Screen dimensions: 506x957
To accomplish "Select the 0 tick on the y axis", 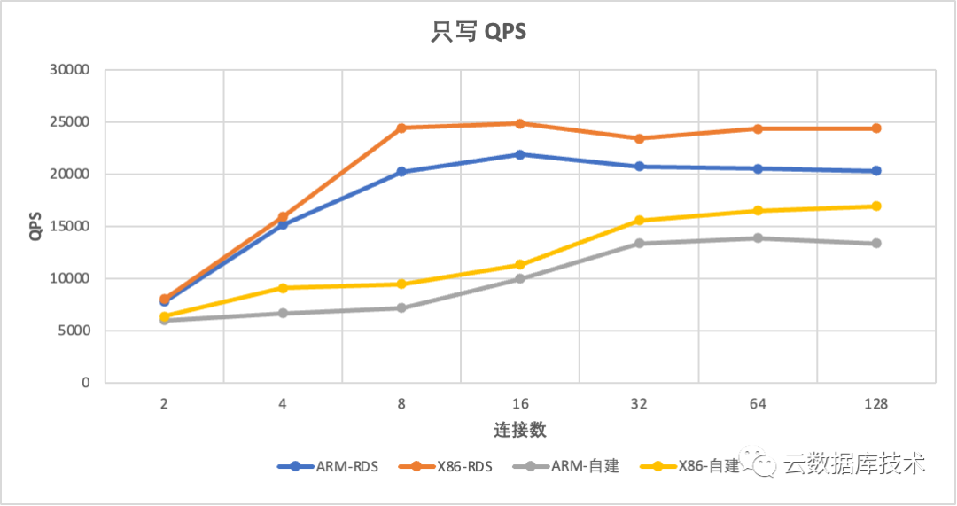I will [86, 383].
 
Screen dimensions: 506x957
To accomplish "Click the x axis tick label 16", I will [520, 404].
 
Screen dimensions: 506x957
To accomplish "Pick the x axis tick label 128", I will [875, 404].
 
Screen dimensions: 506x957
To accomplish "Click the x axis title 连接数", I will [520, 431].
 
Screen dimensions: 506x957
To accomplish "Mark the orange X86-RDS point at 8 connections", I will [401, 128].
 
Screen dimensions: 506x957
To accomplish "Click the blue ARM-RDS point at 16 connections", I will [520, 154].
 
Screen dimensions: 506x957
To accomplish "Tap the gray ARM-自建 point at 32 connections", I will [639, 243].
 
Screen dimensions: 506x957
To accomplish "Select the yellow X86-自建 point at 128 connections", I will [876, 206].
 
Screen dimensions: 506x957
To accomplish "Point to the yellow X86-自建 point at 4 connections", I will [283, 288].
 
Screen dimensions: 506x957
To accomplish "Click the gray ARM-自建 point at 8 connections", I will [401, 307].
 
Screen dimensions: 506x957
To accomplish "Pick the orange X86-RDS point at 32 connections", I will [639, 138].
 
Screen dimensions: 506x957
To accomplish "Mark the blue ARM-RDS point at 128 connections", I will [876, 171].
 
